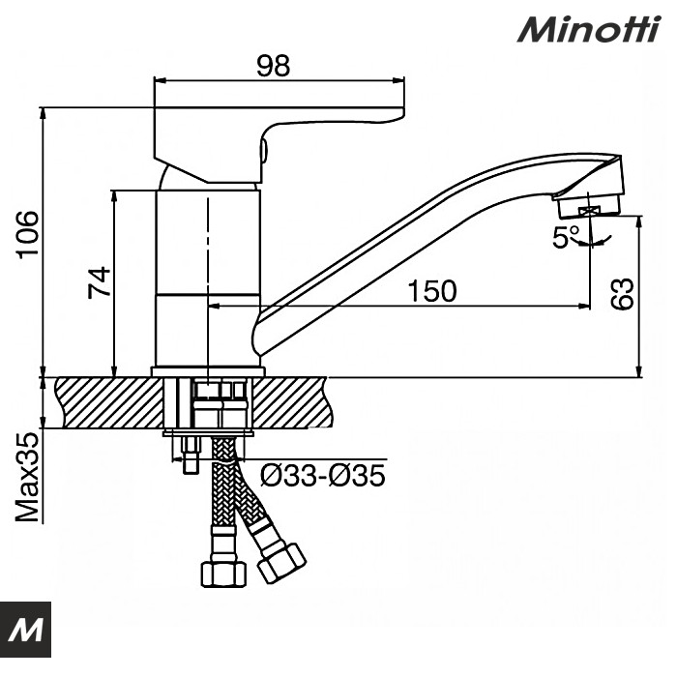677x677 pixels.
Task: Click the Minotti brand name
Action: point(589,28)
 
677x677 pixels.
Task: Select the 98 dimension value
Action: point(274,67)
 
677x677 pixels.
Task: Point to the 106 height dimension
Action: point(28,235)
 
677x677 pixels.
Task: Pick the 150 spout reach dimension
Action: point(431,291)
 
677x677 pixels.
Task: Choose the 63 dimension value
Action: point(626,293)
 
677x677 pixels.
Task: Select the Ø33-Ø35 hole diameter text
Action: point(324,475)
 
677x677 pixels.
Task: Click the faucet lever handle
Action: point(280,116)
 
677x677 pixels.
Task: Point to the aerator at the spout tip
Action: point(590,204)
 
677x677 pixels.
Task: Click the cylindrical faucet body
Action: point(208,276)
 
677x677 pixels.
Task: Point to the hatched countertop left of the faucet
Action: point(106,402)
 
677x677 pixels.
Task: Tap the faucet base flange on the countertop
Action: point(208,371)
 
